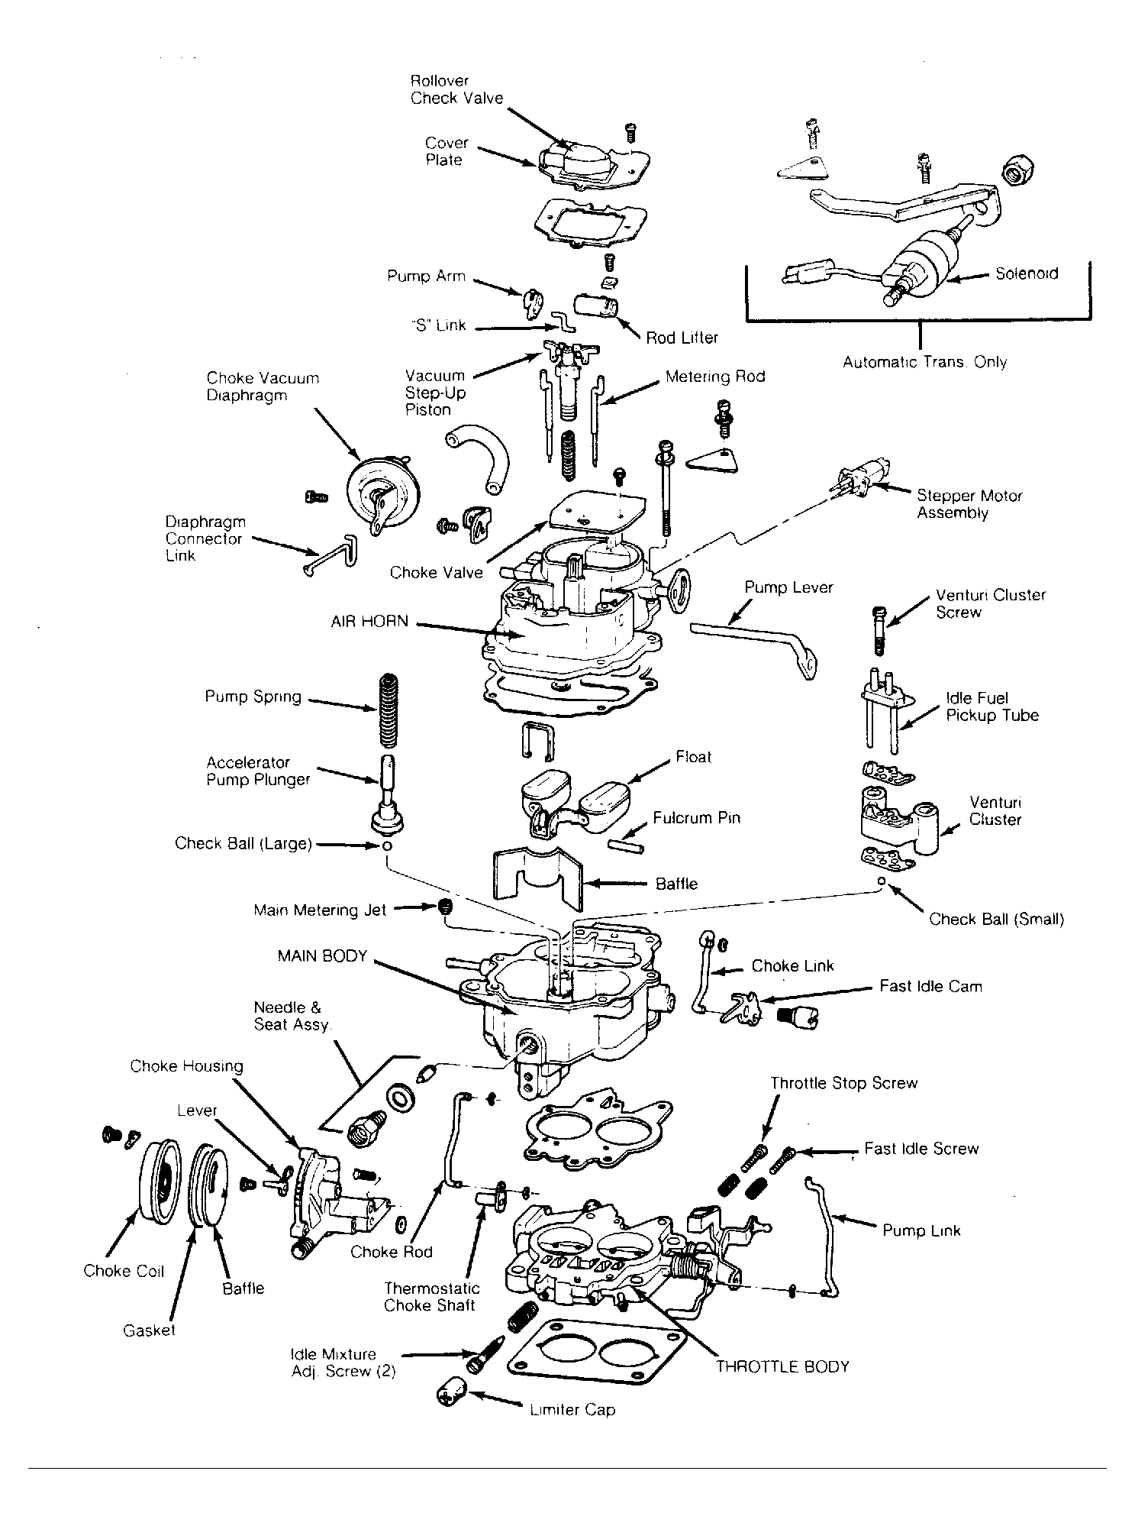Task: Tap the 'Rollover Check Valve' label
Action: click(x=456, y=89)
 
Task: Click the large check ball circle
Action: click(x=387, y=847)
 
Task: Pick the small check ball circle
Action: click(x=882, y=881)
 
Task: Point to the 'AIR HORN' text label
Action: click(x=369, y=622)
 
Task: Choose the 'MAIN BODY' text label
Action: click(x=323, y=955)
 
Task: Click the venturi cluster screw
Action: click(x=879, y=629)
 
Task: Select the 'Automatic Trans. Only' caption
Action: click(x=924, y=362)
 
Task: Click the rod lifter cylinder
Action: click(x=598, y=309)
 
